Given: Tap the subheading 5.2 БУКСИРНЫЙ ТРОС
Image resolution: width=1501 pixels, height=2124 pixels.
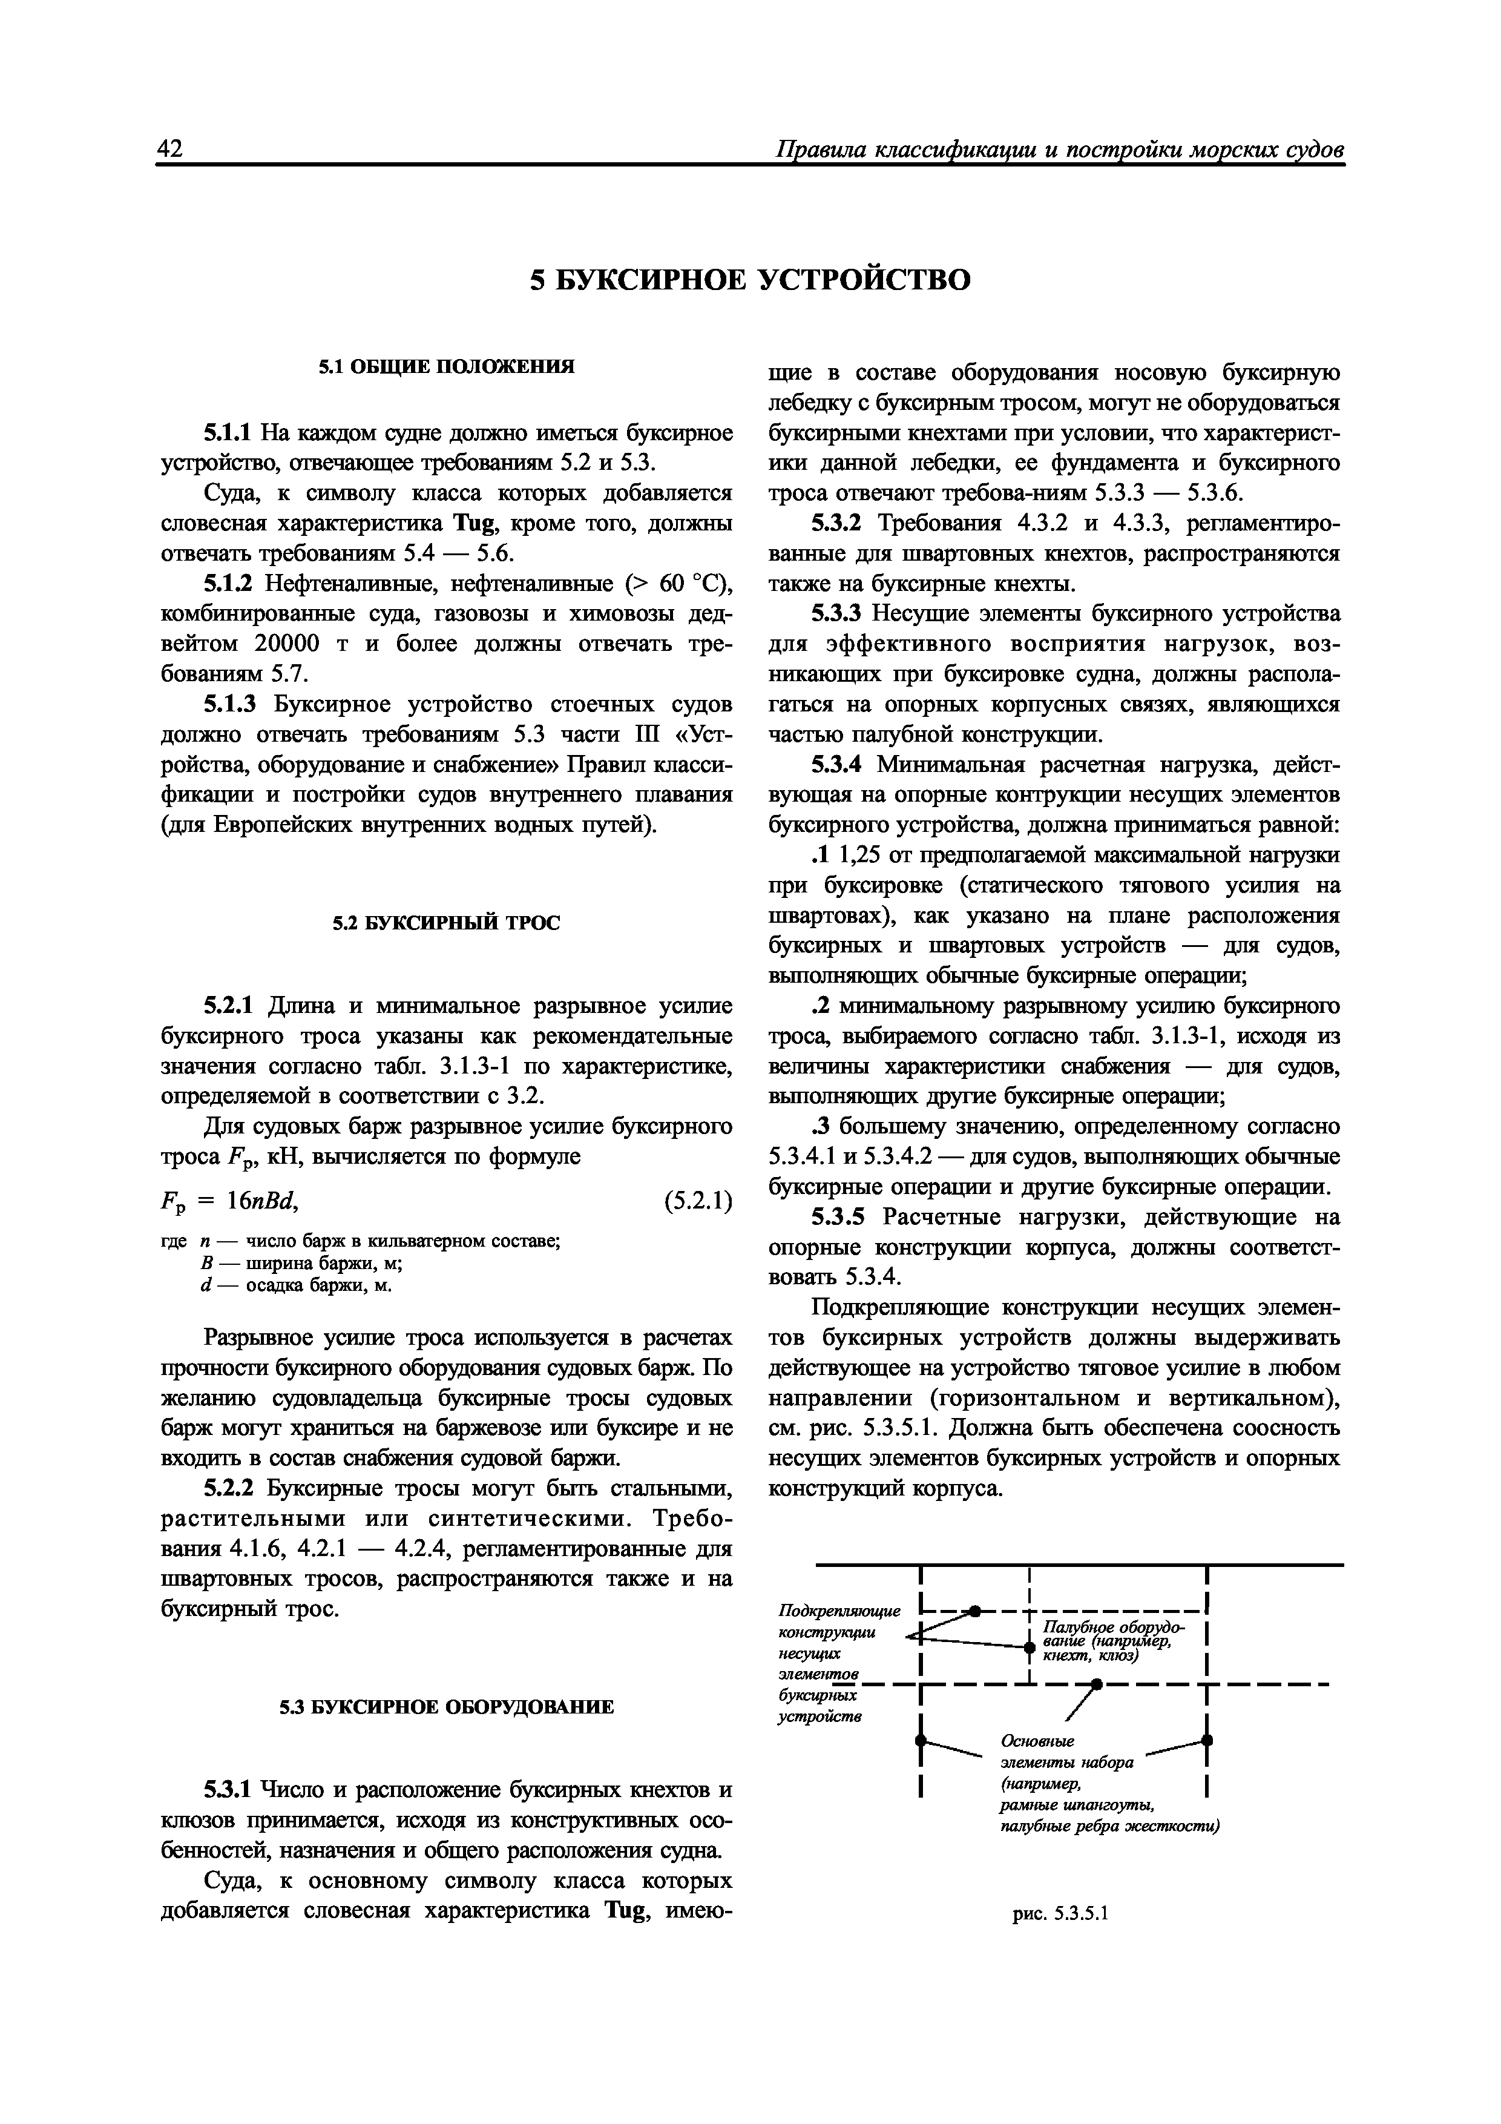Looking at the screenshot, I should click(x=447, y=923).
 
